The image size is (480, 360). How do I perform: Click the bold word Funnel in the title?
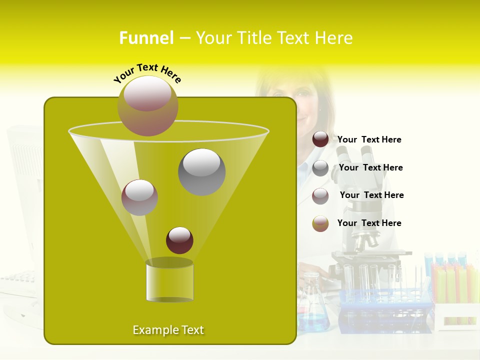click(146, 38)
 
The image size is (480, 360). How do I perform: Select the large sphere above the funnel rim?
click(147, 105)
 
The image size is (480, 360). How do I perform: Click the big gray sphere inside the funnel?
click(201, 171)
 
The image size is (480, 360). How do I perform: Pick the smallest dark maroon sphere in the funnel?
click(179, 240)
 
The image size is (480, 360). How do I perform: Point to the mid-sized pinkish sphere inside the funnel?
click(139, 197)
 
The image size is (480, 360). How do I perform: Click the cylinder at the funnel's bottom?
click(169, 281)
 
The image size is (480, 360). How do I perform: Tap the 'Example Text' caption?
click(168, 330)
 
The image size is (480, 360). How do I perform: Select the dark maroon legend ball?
click(320, 139)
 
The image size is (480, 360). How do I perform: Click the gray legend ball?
click(320, 168)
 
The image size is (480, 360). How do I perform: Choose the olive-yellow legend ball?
click(320, 223)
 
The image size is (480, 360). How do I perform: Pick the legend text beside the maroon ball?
click(369, 140)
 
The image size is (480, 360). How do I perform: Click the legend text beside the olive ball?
click(369, 223)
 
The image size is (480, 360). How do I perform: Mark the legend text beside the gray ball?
click(370, 168)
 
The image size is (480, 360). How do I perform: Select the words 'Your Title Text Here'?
click(274, 38)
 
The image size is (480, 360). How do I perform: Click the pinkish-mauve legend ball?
click(320, 196)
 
